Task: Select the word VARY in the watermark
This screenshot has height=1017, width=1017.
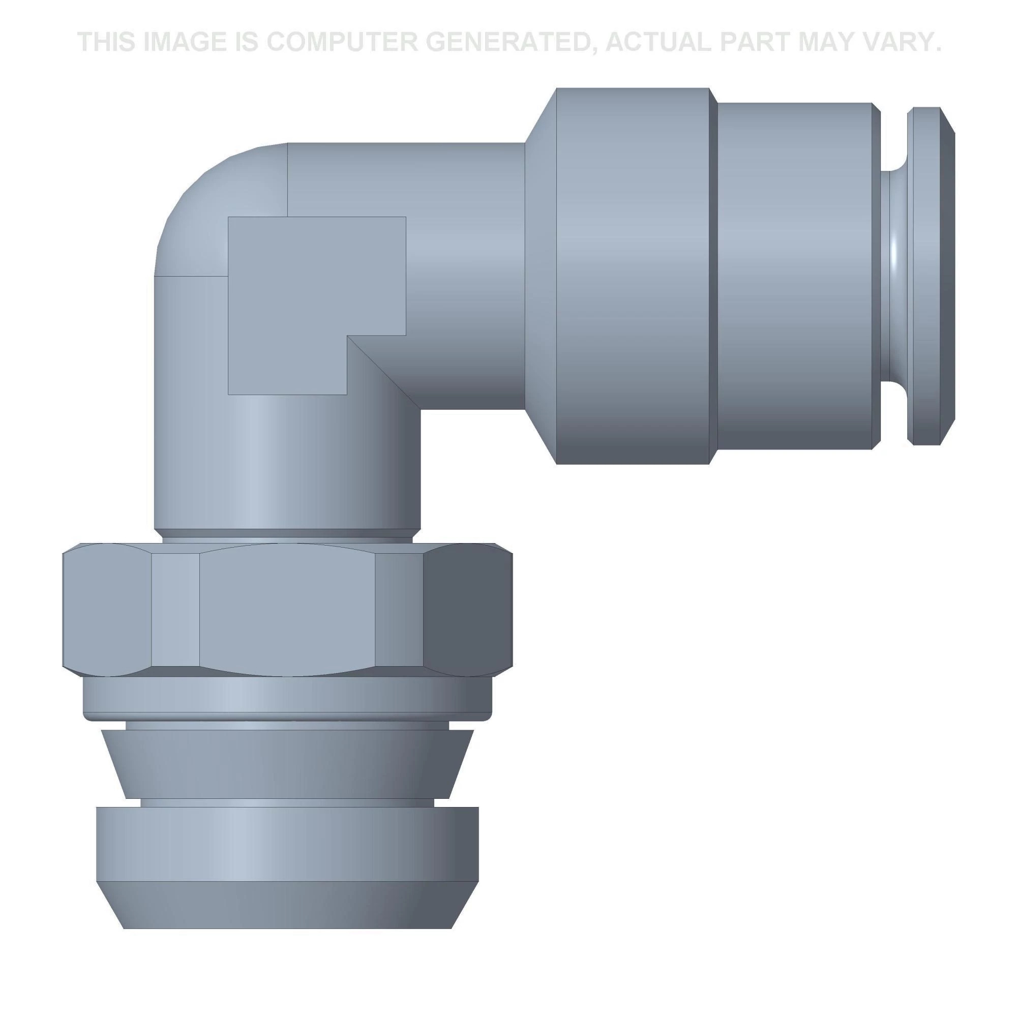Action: pyautogui.click(x=896, y=42)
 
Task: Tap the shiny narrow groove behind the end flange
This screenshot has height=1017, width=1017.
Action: pyautogui.click(x=895, y=276)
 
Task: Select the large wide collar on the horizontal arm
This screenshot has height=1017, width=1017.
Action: pyautogui.click(x=633, y=276)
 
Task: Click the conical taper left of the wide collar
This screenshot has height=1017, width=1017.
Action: pyautogui.click(x=541, y=276)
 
